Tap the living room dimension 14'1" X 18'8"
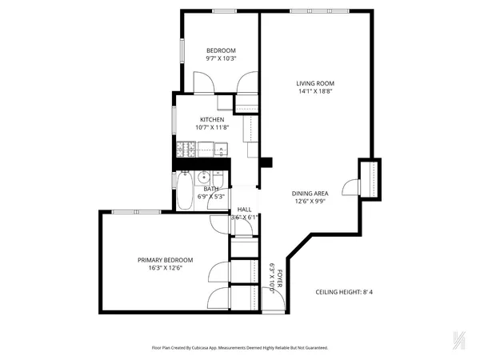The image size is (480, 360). point(315,91)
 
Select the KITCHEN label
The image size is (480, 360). point(200,119)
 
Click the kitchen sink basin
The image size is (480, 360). point(221,148)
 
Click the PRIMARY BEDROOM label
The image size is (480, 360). point(165,260)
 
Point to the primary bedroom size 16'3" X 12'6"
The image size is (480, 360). point(165,268)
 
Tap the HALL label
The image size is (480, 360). point(244,209)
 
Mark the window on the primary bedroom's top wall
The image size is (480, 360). point(124,211)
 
